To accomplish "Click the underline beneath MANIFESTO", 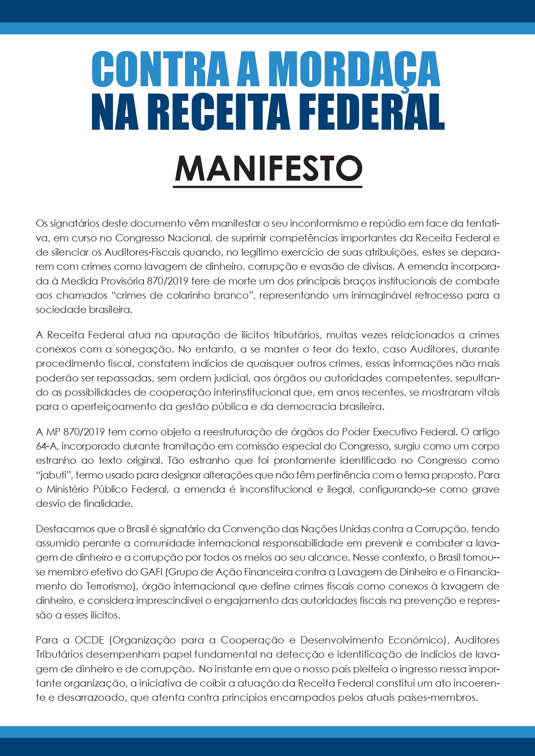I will pyautogui.click(x=268, y=187).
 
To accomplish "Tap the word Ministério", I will pyautogui.click(x=68, y=489).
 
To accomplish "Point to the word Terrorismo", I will pyautogui.click(x=110, y=586).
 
